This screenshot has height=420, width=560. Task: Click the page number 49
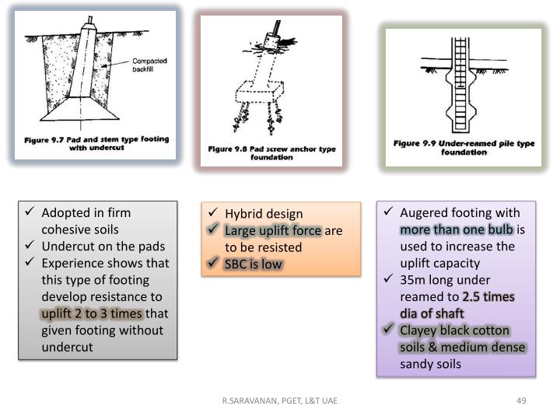(522, 401)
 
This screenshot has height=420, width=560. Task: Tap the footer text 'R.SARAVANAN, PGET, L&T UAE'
(279, 401)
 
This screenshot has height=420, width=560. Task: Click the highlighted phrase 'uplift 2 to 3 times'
(92, 313)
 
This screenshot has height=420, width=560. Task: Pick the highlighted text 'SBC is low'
(254, 264)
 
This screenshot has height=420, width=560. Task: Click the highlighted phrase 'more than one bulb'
(457, 229)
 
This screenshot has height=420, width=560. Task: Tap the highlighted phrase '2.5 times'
(488, 297)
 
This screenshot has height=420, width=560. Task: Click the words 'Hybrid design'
(264, 214)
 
